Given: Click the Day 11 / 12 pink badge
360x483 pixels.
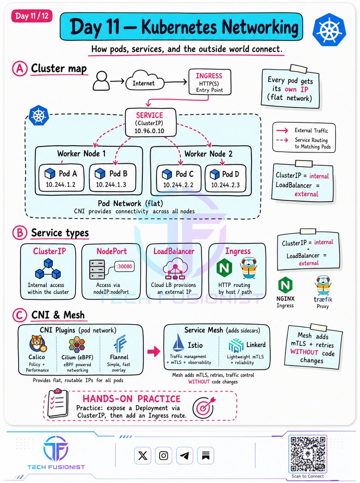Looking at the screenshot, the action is pos(32,16).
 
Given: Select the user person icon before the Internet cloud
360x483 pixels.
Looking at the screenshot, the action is pos(101,80).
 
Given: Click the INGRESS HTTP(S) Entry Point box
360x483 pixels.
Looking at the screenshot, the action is pos(210,82).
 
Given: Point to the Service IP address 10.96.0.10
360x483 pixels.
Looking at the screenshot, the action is pos(149,131).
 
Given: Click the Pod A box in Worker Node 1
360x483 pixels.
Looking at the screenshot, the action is pos(62,178).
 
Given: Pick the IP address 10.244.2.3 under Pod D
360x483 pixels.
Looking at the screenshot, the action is pos(225,185).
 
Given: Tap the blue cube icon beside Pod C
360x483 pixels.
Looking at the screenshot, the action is pos(167,174).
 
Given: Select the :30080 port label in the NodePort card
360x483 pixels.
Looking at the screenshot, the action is pos(124,266).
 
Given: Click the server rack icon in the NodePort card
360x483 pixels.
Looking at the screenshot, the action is pos(97,270).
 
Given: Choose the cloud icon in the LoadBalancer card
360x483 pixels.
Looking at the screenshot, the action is pos(175,268).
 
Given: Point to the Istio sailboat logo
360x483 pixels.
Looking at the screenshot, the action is pos(178,343).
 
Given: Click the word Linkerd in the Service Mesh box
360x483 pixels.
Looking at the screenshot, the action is pos(256,345).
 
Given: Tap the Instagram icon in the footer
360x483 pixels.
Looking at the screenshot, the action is pos(163,456).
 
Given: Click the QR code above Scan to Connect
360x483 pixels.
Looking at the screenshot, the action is pos(308,454).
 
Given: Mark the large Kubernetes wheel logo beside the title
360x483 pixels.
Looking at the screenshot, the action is pos(329,29).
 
